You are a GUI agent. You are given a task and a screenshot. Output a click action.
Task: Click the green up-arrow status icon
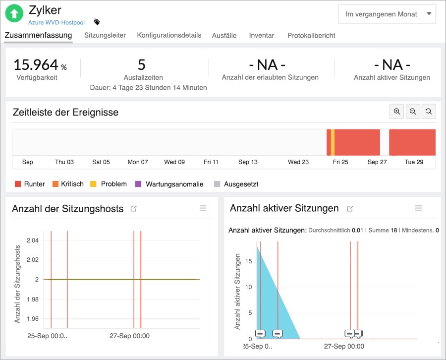[14, 13]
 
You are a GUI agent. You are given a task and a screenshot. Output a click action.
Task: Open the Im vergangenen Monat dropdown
[387, 14]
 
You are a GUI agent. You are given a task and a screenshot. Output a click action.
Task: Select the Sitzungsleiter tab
[105, 35]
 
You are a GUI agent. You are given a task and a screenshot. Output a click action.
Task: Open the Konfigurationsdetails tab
[169, 35]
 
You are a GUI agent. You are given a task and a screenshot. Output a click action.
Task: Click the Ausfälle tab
[224, 35]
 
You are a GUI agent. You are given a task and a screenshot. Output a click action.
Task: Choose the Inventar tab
[262, 35]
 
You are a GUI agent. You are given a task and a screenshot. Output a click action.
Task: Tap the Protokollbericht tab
[311, 35]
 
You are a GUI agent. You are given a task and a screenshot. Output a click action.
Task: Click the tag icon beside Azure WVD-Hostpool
[97, 22]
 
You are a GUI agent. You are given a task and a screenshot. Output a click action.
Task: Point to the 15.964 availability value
[36, 65]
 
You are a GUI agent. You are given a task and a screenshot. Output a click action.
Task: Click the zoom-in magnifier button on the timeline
[397, 112]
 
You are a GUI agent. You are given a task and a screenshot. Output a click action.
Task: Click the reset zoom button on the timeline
[429, 112]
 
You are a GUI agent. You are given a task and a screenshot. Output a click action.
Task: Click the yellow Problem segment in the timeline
[333, 142]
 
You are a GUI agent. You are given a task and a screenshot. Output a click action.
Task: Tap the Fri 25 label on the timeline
[340, 162]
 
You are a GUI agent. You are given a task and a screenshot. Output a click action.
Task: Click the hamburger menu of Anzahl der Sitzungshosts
[203, 208]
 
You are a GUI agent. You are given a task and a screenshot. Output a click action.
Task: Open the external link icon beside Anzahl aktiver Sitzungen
[350, 209]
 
